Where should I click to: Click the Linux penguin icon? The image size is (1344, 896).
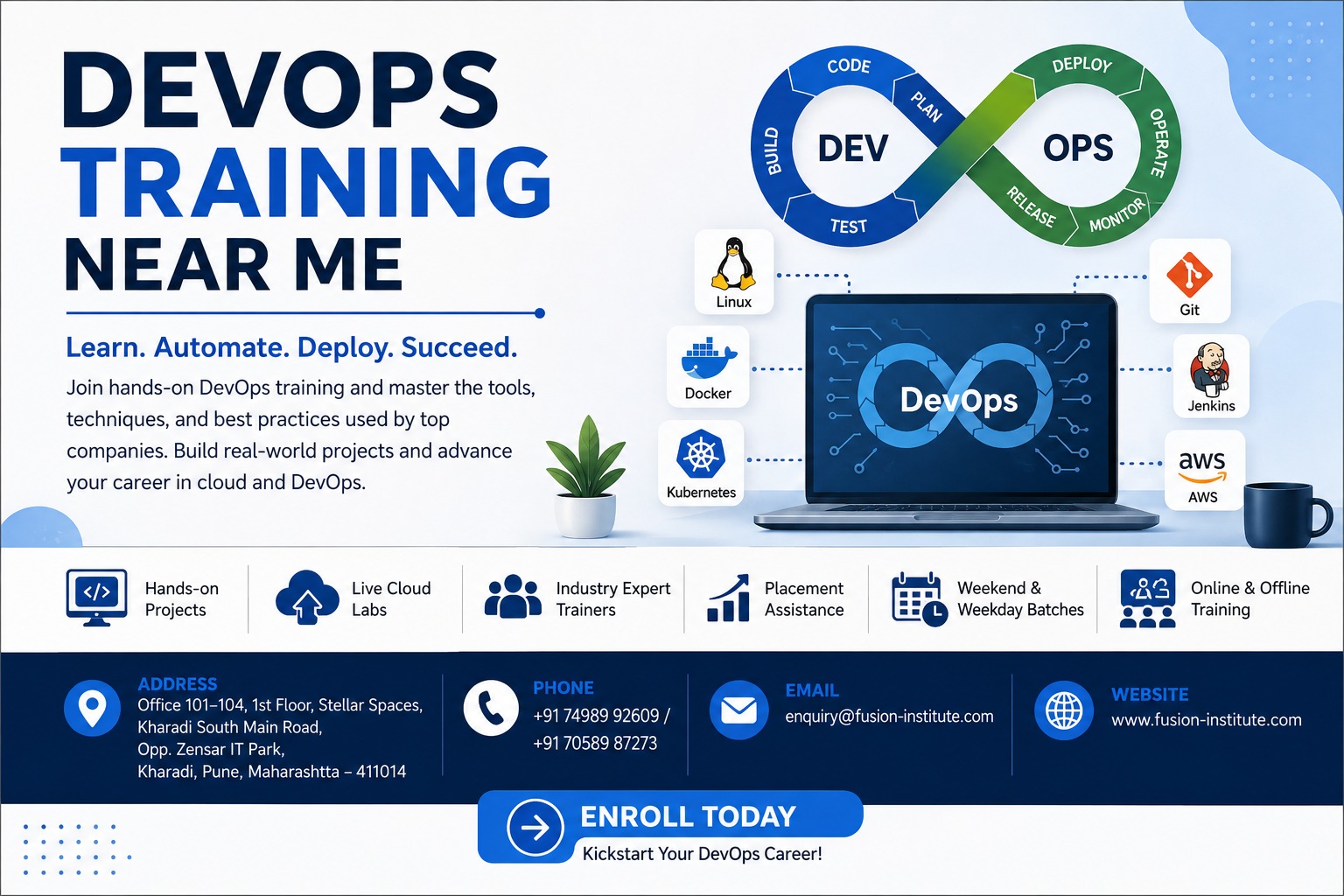(x=733, y=264)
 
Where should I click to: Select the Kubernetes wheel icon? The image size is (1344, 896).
(x=700, y=454)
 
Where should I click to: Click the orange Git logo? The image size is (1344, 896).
(x=1189, y=275)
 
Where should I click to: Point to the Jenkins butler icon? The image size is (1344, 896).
(x=1209, y=369)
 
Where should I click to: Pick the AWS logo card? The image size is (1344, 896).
(x=1205, y=470)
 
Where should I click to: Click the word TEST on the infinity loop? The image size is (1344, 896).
(x=849, y=227)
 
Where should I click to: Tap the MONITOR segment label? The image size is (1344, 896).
(x=1117, y=215)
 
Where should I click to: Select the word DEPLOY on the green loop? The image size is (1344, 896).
(x=1081, y=64)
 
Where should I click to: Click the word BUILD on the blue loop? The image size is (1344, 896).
(x=773, y=150)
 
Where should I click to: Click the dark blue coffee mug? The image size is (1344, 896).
(x=1285, y=515)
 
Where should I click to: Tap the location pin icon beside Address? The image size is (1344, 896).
(x=92, y=708)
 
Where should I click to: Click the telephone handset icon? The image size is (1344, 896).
(x=491, y=708)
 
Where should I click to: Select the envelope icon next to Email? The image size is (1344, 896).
(x=738, y=710)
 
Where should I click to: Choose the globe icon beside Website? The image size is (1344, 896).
(x=1064, y=710)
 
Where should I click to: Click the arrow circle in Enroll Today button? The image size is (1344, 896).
(x=535, y=828)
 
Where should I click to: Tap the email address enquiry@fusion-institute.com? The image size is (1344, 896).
(x=889, y=717)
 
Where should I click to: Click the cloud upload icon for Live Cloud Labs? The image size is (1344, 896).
(x=307, y=597)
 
